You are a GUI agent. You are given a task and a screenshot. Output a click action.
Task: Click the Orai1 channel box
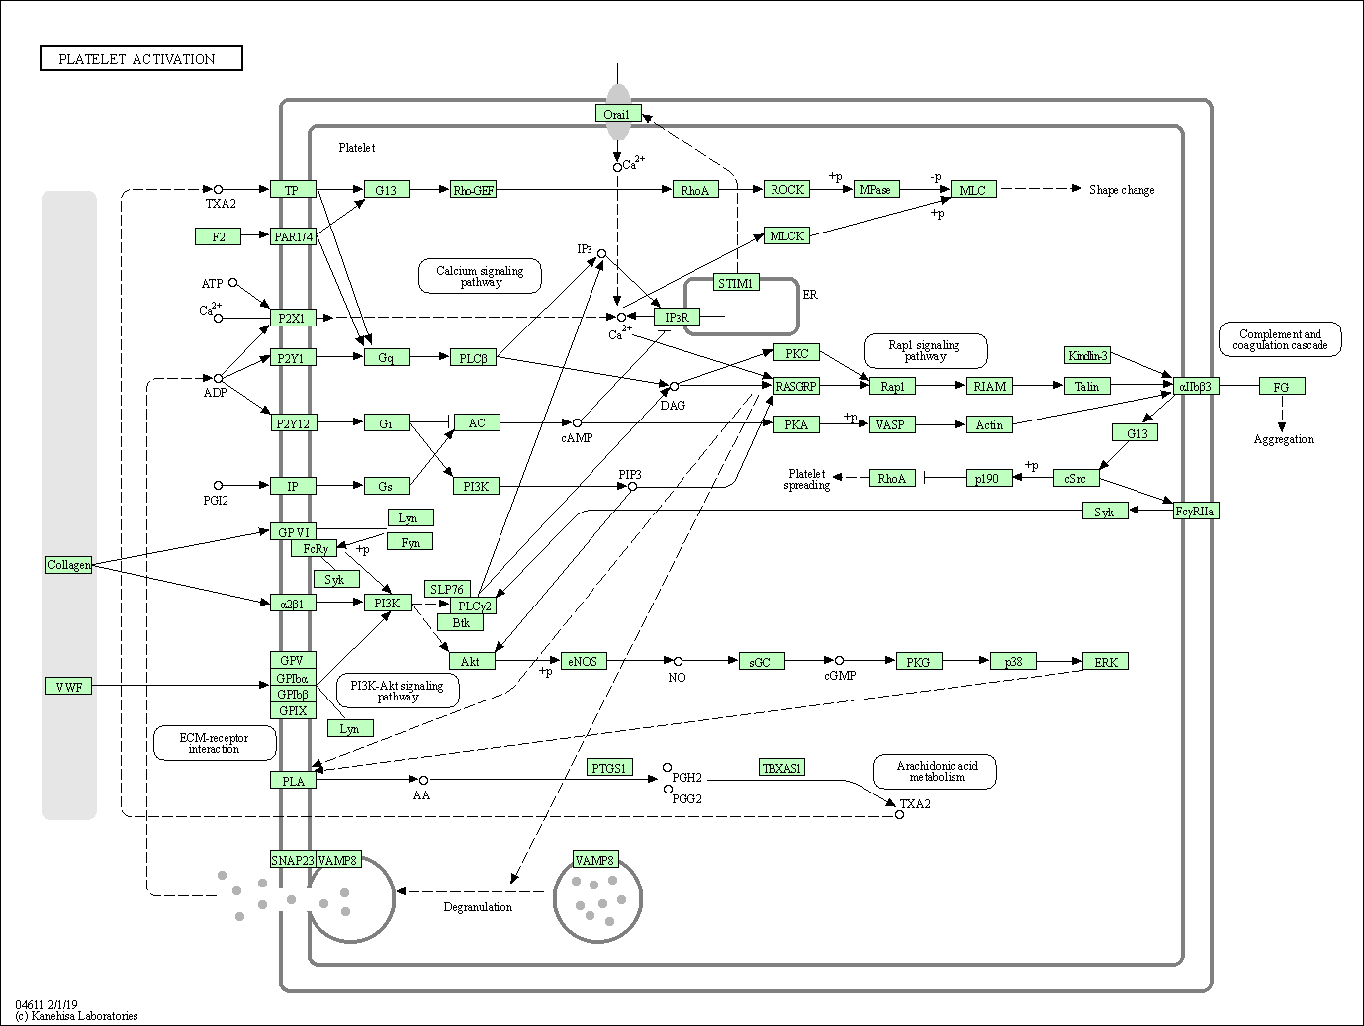tap(618, 114)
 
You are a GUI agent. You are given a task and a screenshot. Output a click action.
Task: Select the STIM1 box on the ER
tap(735, 283)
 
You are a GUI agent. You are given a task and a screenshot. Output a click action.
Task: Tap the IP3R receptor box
tap(677, 317)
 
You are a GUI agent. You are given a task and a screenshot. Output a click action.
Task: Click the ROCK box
tap(787, 189)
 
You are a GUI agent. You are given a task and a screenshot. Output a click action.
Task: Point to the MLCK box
tap(787, 235)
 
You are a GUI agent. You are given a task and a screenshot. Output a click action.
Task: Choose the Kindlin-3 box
tap(1088, 355)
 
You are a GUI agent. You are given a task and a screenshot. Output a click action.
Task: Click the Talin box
tap(1087, 386)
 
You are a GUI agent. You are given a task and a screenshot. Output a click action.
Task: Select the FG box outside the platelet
tap(1282, 386)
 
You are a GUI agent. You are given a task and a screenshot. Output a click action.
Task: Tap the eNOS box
tap(582, 661)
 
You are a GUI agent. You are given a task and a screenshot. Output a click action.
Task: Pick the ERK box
tap(1105, 661)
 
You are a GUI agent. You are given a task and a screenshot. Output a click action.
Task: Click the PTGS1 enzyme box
tap(609, 767)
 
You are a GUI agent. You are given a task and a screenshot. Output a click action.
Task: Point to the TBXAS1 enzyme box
tap(781, 767)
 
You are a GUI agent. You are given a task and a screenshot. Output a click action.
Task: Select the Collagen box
tap(69, 565)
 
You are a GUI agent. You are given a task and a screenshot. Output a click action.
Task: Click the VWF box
tap(69, 686)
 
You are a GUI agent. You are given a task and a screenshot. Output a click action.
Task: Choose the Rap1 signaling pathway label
tap(925, 350)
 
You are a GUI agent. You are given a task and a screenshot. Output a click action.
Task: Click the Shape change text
tap(1121, 190)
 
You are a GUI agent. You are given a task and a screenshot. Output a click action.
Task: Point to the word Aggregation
tap(1283, 439)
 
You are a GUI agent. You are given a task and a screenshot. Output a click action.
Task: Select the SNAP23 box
tap(292, 860)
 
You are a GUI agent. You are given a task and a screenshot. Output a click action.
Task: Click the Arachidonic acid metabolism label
tap(936, 771)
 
